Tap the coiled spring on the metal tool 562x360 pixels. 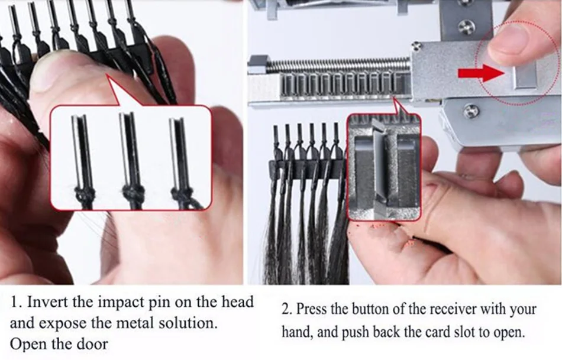click(339, 65)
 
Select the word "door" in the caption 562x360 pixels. click(92, 344)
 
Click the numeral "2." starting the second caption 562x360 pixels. click(286, 309)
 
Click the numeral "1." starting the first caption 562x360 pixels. click(16, 302)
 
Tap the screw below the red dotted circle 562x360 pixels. click(471, 111)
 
